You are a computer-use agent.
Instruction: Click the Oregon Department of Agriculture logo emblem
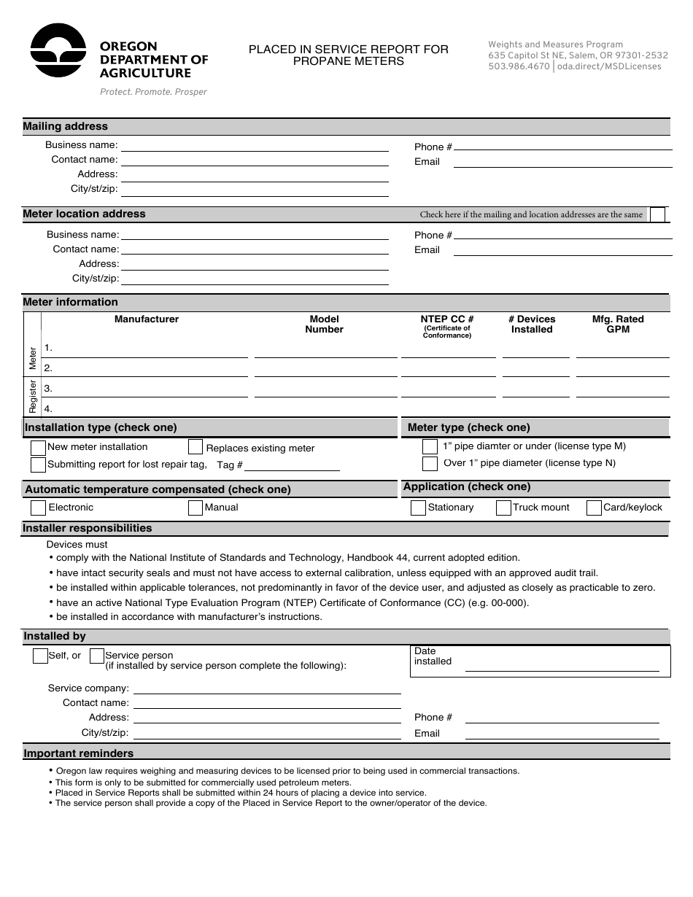point(58,50)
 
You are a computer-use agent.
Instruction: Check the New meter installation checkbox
point(38,447)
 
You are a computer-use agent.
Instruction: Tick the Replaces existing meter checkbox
point(195,447)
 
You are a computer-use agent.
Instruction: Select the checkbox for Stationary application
point(418,508)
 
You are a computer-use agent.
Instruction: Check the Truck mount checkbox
point(503,508)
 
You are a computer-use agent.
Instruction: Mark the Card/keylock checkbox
point(594,508)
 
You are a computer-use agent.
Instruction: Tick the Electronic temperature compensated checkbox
point(38,508)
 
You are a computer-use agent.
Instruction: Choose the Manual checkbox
point(195,508)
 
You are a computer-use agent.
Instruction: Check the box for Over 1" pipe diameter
point(430,464)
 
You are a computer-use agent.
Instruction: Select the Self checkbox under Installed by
point(40,656)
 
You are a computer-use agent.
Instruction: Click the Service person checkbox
point(96,656)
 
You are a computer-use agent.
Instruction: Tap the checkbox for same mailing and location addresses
point(657,214)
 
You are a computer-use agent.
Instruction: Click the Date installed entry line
point(562,665)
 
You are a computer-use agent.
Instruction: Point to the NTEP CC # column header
point(447,319)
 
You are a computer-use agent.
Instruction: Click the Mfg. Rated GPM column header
point(618,324)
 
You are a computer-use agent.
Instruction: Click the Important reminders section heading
point(79,753)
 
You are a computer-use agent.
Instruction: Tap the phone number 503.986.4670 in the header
point(519,66)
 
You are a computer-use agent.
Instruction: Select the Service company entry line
point(266,688)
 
